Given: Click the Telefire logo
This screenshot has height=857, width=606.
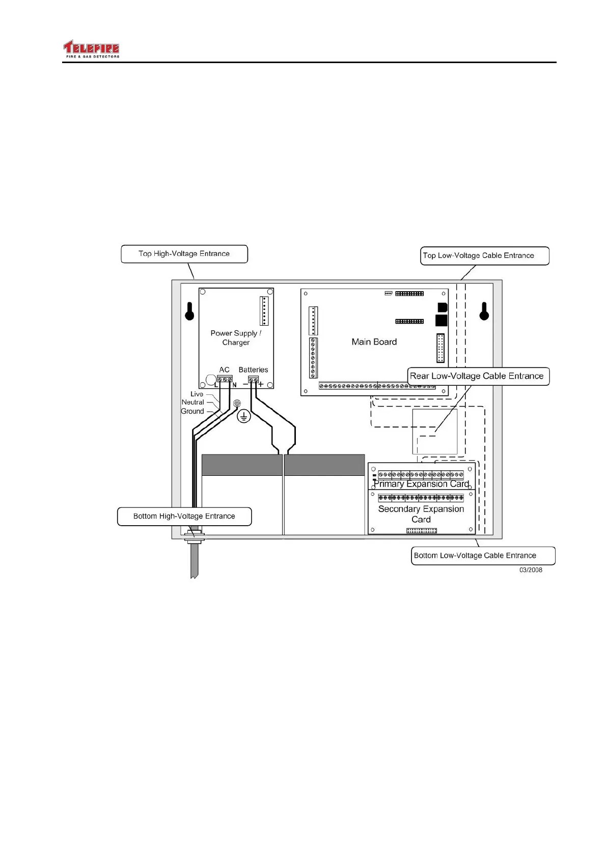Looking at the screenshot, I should [x=91, y=49].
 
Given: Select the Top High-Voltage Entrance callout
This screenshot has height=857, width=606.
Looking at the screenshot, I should [x=184, y=254].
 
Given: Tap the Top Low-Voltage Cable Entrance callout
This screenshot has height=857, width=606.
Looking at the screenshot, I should [x=484, y=256].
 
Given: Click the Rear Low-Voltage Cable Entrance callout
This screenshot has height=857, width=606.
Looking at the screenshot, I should [x=478, y=377].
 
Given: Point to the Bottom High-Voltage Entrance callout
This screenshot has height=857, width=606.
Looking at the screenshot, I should [x=184, y=517].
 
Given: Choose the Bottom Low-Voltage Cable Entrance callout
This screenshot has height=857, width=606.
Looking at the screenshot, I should [x=482, y=556].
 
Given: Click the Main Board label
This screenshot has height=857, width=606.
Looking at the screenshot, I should [x=374, y=342].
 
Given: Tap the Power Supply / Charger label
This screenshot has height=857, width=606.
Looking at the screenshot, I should [x=236, y=338].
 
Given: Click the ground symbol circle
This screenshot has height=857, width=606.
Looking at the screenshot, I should [x=244, y=417].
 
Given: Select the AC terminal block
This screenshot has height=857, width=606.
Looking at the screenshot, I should [x=225, y=380].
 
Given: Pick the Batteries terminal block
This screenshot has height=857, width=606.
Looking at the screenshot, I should [x=253, y=380].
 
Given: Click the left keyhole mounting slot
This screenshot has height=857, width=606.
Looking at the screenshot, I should [x=189, y=311].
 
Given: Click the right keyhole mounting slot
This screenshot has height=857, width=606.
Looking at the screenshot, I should [x=484, y=311].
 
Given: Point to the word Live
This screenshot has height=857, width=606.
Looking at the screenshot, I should [x=197, y=394].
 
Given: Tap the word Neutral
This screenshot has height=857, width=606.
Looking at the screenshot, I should [x=192, y=402].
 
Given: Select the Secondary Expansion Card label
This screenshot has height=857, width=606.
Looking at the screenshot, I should [x=421, y=514].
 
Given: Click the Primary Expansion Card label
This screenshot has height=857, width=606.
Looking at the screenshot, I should [x=421, y=484].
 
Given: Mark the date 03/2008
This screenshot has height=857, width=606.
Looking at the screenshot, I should [x=531, y=570].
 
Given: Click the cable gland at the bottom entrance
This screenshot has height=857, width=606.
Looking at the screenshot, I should [x=194, y=536].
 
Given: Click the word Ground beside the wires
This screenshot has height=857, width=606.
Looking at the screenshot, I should [x=192, y=411].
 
